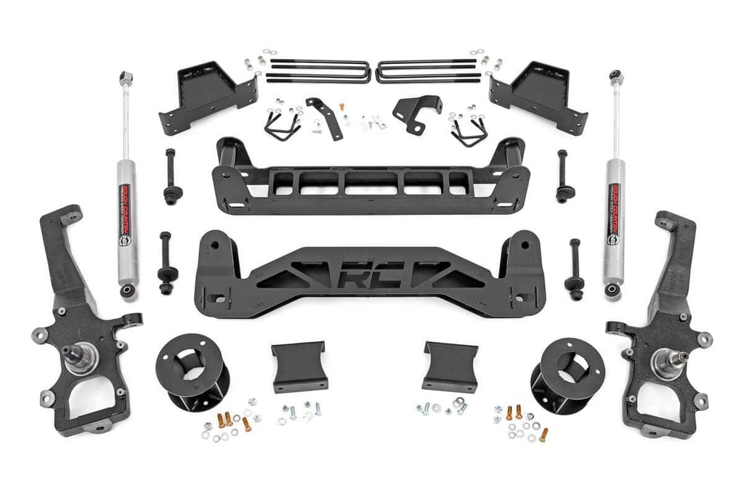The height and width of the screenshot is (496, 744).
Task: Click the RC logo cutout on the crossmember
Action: tap(371, 276)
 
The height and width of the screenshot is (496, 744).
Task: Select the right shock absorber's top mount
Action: tap(615, 76)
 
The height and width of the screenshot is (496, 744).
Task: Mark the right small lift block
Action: tap(450, 366)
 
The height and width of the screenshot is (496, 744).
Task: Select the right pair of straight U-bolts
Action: tap(429, 70)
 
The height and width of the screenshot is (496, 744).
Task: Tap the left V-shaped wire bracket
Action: tap(281, 127)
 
